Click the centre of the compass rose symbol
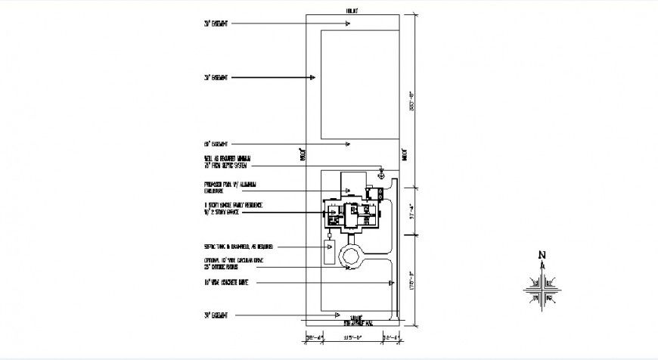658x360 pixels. click(x=542, y=288)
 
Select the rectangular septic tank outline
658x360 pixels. click(x=329, y=252)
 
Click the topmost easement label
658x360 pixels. click(x=216, y=24)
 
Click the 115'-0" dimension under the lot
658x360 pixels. click(x=352, y=337)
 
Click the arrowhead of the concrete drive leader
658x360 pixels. click(x=391, y=282)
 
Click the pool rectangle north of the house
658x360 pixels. click(x=352, y=183)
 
